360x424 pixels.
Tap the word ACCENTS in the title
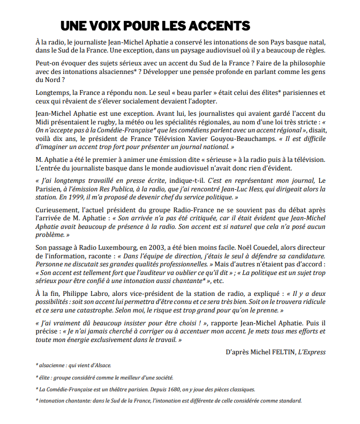219,25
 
